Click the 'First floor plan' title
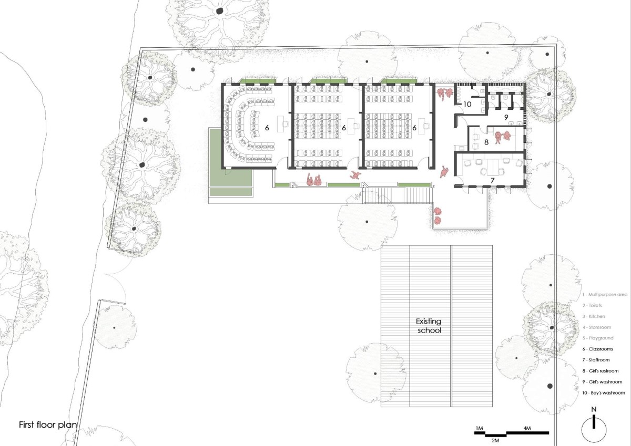pos(48,424)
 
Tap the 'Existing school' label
pos(429,326)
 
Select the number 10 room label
pos(467,104)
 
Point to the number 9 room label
pos(506,117)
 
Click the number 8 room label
pos(486,142)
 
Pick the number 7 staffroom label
pos(492,181)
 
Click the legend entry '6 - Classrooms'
pos(597,349)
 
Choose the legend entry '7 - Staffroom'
pos(596,360)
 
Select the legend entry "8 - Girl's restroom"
pos(601,371)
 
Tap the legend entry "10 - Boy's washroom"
pos(604,393)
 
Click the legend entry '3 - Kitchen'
pos(594,316)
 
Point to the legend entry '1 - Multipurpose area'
pos(605,295)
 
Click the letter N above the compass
pos(594,409)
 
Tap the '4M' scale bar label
pos(527,428)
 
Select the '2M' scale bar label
pos(495,440)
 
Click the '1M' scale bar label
pos(479,428)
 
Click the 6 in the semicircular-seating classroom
pos(267,128)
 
